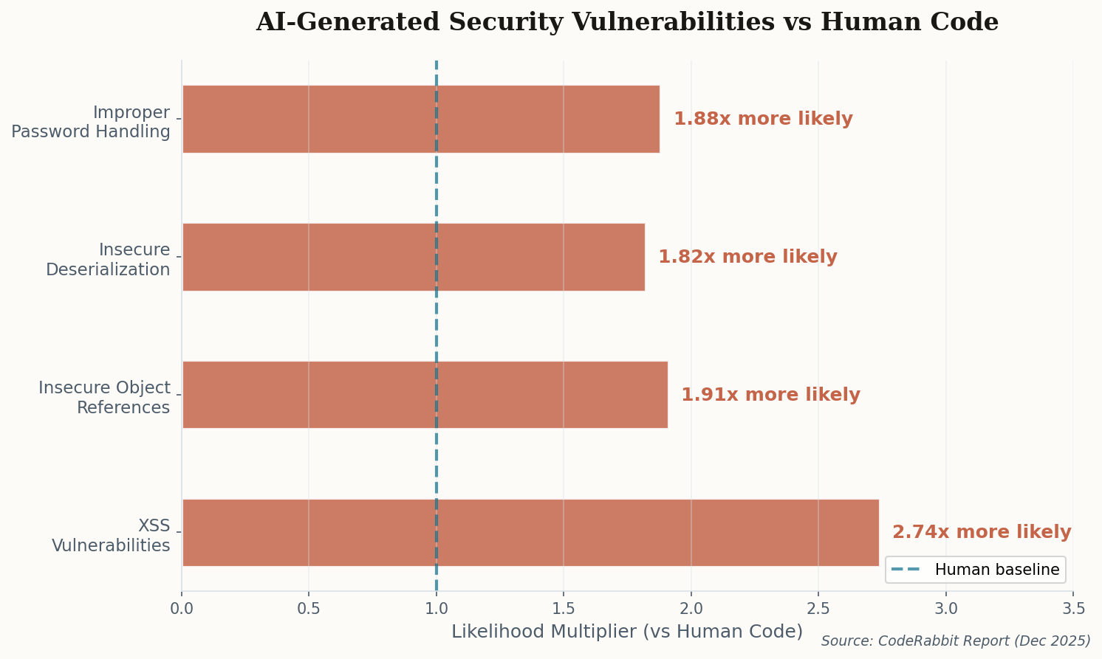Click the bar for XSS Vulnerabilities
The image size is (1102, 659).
(530, 532)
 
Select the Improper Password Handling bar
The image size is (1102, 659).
(420, 119)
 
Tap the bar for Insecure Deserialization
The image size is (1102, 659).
(413, 257)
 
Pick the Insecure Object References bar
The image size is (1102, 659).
(425, 395)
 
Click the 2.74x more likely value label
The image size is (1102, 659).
(981, 532)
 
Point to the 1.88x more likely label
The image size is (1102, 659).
(763, 119)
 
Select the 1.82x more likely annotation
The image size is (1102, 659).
(747, 257)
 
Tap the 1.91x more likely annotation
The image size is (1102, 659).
(770, 395)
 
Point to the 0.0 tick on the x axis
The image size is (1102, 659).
(182, 609)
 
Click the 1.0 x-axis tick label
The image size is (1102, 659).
(437, 609)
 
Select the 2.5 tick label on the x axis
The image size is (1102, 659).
(818, 609)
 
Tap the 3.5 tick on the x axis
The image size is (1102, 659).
(1073, 609)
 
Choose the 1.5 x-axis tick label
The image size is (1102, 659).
(564, 609)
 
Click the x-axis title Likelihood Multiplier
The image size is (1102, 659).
(626, 632)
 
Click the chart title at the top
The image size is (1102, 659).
(626, 22)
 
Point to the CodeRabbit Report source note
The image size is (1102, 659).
(955, 641)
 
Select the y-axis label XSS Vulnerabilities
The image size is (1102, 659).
(111, 536)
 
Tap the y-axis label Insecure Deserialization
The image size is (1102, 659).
(108, 260)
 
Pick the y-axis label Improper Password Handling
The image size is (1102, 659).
(91, 122)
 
